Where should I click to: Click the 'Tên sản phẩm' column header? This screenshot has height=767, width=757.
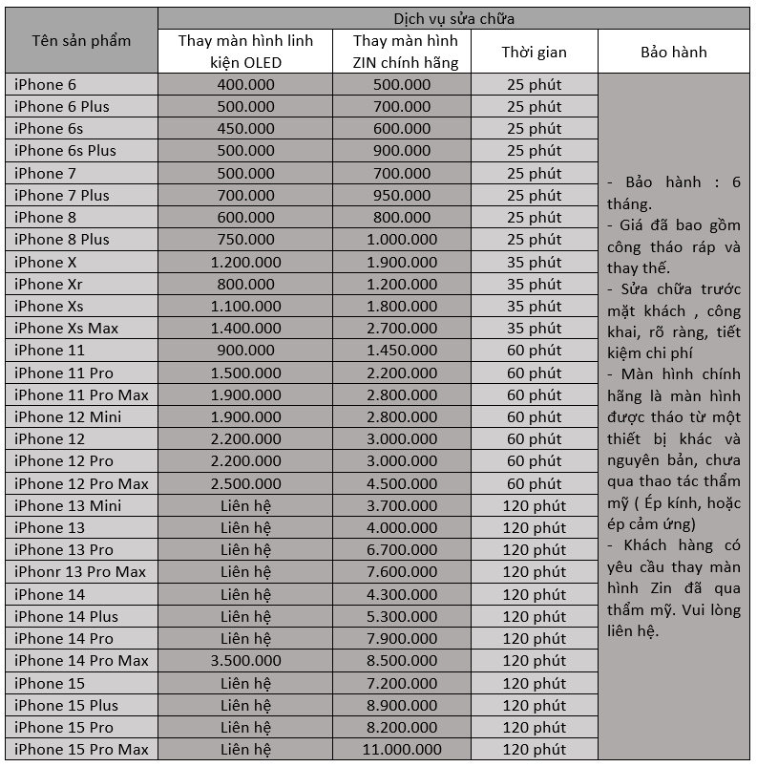click(81, 41)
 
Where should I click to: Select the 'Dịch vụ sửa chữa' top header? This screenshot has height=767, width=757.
click(454, 18)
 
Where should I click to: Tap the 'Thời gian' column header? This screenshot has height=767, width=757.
click(534, 52)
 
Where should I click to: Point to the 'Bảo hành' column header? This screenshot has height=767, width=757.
click(674, 52)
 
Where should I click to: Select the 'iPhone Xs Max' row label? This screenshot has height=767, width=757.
click(67, 329)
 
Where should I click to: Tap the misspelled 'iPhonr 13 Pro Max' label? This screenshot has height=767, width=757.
click(80, 572)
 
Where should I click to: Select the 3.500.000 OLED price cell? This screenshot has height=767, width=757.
click(245, 661)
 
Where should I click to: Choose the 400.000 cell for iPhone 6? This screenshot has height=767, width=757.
click(245, 85)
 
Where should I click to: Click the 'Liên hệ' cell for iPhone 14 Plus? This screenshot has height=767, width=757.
click(245, 617)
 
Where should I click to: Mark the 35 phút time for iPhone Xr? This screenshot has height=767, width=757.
click(534, 285)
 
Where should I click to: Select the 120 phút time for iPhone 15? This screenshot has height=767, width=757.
click(534, 684)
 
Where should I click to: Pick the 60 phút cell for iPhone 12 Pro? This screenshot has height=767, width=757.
click(534, 461)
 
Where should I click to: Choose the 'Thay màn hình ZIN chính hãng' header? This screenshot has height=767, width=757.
click(405, 52)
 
